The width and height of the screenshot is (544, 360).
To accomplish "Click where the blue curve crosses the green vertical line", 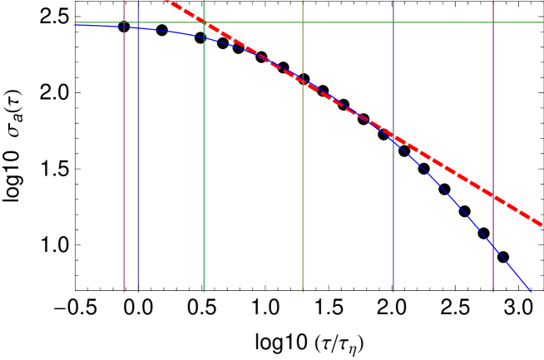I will (204, 37).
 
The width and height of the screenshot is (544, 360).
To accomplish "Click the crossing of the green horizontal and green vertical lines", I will (204, 22).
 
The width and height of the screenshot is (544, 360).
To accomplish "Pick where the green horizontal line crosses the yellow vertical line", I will (302, 22).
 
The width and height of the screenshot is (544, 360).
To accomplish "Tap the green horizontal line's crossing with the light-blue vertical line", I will (393, 22).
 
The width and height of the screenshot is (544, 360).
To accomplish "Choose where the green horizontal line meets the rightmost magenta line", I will (492, 22).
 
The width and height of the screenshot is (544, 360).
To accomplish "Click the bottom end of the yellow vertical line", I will (302, 291).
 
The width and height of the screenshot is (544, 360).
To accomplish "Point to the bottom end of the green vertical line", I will (204, 291).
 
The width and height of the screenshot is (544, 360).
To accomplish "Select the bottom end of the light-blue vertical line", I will (393, 291).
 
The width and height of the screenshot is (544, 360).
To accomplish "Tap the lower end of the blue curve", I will (530, 291).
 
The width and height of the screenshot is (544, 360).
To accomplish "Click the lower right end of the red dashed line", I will (542, 224).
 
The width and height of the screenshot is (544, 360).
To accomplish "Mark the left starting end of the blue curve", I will (75, 24).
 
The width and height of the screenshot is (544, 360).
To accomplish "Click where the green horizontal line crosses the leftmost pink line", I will (125, 22).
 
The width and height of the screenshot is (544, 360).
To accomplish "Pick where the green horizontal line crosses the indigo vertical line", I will (138, 22).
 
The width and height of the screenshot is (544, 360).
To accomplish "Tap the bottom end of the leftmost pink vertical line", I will (125, 291).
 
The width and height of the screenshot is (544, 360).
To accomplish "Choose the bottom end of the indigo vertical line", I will (138, 291).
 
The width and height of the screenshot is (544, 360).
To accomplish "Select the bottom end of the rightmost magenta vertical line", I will (492, 291).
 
